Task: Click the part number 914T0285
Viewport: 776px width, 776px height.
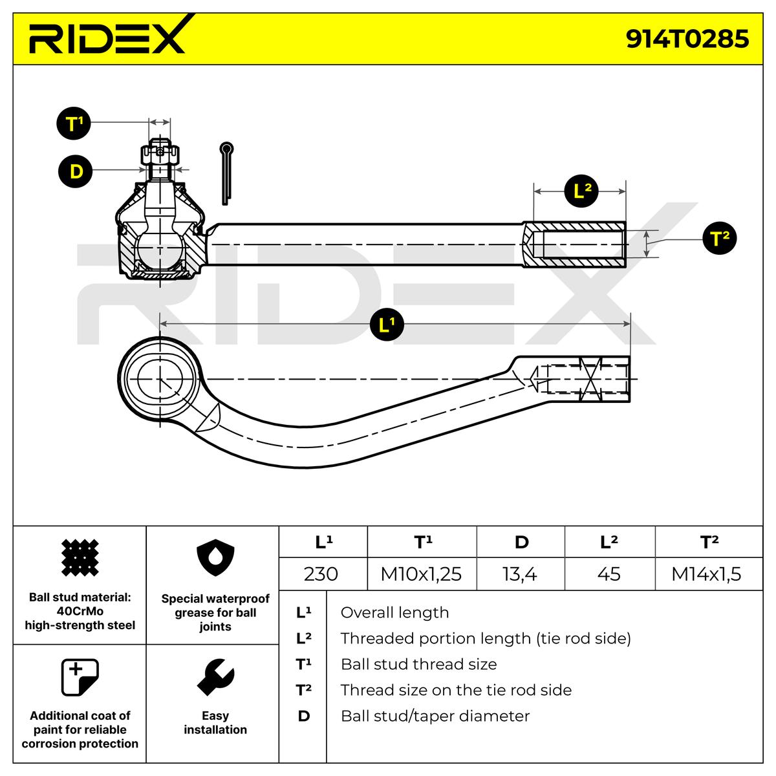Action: click(x=687, y=39)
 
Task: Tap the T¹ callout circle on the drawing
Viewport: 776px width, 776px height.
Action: click(x=74, y=123)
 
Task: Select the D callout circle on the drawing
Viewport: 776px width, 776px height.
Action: click(x=75, y=171)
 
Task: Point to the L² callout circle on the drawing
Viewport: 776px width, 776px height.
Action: click(x=581, y=191)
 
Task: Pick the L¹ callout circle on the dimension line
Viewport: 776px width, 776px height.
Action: click(x=387, y=324)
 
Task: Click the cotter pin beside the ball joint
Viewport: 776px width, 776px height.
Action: click(x=226, y=173)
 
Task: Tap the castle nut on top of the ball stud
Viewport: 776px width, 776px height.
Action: click(x=160, y=155)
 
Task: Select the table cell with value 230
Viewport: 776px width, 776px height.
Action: click(x=321, y=574)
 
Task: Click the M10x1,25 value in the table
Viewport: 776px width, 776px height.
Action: click(x=421, y=574)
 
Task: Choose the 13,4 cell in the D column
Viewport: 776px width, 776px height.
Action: click(x=520, y=574)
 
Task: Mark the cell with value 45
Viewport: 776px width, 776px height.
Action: click(x=609, y=574)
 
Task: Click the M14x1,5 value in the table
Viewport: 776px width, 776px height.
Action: click(x=706, y=574)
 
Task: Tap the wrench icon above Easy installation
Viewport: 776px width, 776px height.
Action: click(x=215, y=677)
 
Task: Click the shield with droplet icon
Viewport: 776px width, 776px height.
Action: click(x=215, y=557)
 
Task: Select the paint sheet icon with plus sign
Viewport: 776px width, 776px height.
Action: click(x=80, y=677)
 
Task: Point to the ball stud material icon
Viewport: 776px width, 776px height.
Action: click(x=80, y=557)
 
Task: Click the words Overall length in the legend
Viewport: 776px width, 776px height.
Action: click(x=394, y=612)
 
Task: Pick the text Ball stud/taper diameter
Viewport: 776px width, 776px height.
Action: click(x=435, y=716)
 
